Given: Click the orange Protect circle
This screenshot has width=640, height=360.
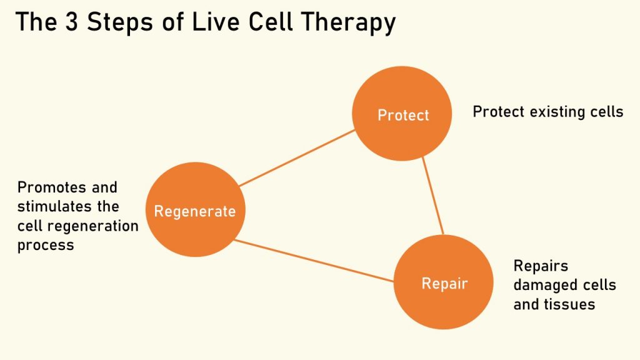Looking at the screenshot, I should point(402,94).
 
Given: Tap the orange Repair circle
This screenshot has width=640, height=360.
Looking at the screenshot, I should point(444,306).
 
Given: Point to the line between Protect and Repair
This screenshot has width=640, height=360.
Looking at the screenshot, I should point(433,196).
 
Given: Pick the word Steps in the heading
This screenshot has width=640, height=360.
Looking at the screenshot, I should point(121,23).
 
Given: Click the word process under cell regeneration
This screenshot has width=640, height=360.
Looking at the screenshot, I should point(46,245).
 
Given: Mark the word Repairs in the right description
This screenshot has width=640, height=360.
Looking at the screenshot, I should point(541,266).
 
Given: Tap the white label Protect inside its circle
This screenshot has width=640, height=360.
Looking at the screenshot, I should point(403,115).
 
